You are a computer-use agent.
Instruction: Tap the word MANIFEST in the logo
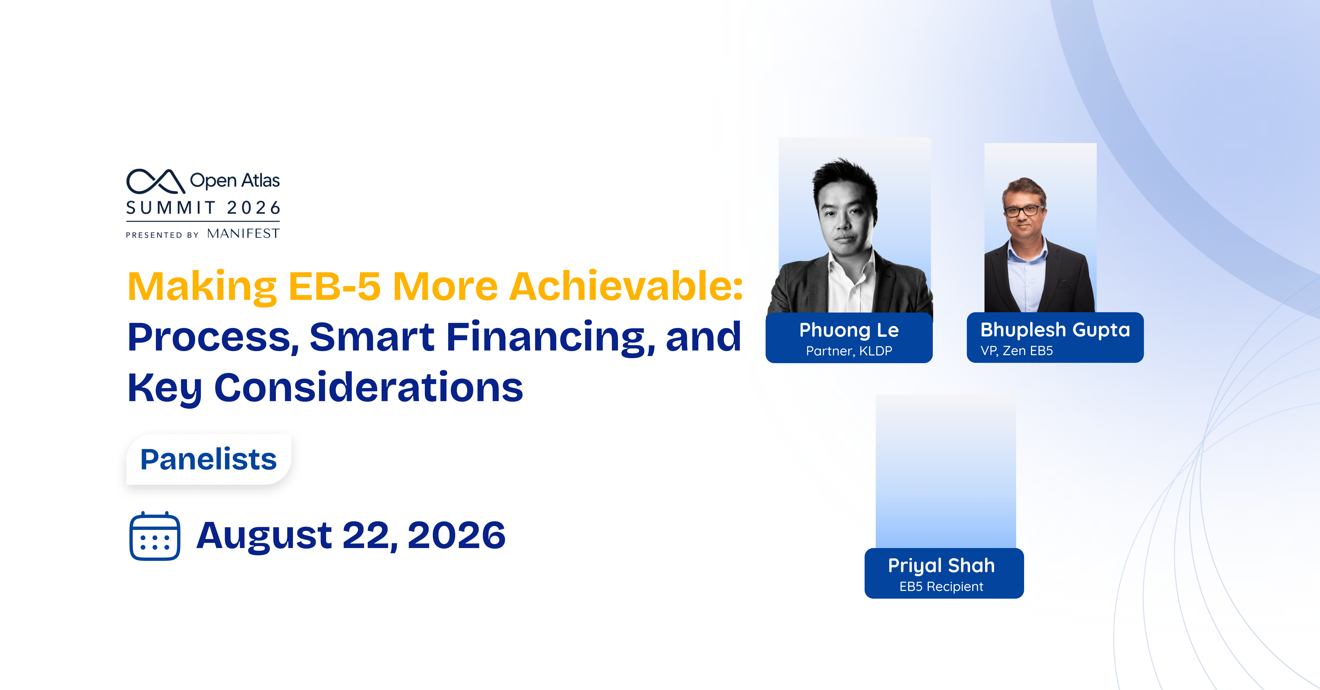[x=243, y=234]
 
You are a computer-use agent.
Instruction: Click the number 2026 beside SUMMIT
[x=254, y=208]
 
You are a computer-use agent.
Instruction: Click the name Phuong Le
[x=849, y=330]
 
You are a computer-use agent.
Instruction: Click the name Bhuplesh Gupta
[x=1055, y=330]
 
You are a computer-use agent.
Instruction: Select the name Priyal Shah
[x=941, y=565]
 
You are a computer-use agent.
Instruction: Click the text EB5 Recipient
[x=941, y=587]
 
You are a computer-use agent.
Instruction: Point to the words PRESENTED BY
[x=162, y=235]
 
